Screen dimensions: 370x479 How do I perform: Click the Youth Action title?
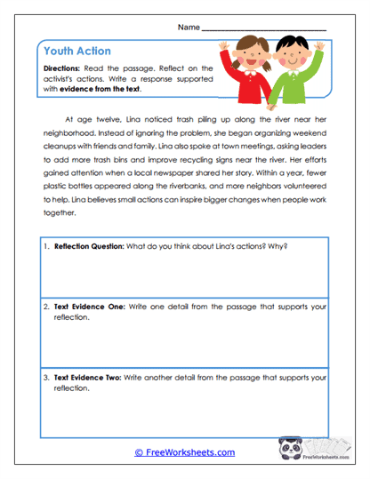(x=77, y=52)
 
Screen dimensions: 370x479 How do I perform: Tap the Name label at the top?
(x=189, y=28)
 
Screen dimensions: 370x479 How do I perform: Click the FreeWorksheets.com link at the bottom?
(x=184, y=452)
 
